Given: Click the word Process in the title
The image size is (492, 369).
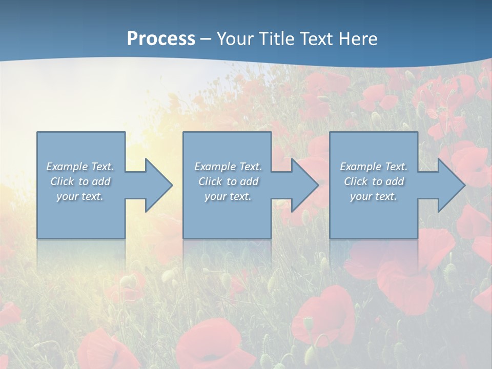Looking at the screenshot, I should point(161,39).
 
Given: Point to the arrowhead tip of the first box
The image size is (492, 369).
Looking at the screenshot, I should point(173,185).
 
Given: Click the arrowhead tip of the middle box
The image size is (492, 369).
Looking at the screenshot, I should point(319,185).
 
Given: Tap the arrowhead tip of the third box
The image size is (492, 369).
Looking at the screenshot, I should point(465,185).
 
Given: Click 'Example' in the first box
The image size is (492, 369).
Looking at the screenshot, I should point(67,167).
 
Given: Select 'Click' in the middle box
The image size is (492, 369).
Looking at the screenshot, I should point(210,181).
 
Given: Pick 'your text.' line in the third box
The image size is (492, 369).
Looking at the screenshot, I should point(374,196).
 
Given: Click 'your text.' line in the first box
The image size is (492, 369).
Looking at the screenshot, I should point(80,196).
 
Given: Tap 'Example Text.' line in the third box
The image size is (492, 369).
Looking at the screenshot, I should point(374,167).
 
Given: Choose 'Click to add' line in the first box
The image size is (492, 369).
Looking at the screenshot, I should point(80,181).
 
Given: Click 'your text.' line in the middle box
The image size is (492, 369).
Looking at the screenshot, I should point(228,196).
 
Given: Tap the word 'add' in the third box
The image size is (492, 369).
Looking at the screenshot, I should point(395,181).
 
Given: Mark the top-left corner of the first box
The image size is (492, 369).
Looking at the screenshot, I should point(37,132).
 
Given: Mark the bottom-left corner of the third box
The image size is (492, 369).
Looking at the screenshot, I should point(330,238).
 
